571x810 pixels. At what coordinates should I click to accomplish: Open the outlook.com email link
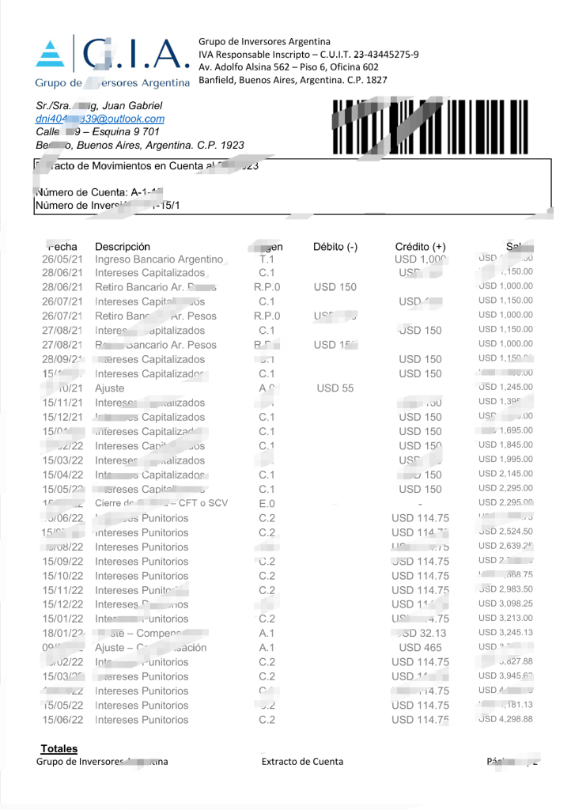click(x=100, y=119)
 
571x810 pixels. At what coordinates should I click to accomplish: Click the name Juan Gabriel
click(x=130, y=105)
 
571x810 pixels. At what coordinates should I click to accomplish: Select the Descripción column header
click(x=123, y=247)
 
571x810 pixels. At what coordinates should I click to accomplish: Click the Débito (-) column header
click(x=335, y=247)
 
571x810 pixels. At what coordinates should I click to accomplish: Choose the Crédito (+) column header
click(x=421, y=247)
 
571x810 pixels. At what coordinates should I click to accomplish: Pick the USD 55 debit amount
click(x=335, y=388)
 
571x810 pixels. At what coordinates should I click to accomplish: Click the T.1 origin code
click(x=267, y=259)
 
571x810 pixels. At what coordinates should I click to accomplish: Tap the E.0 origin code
click(x=267, y=503)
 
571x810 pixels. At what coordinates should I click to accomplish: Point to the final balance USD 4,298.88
click(x=505, y=720)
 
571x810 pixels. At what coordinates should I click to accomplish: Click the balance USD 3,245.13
click(x=505, y=633)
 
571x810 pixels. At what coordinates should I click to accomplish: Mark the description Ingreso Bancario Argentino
click(x=159, y=259)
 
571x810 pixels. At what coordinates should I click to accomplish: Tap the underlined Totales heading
click(x=59, y=748)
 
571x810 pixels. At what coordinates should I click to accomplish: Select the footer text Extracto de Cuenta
click(x=302, y=762)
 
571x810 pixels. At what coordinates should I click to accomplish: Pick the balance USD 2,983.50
click(x=505, y=589)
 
